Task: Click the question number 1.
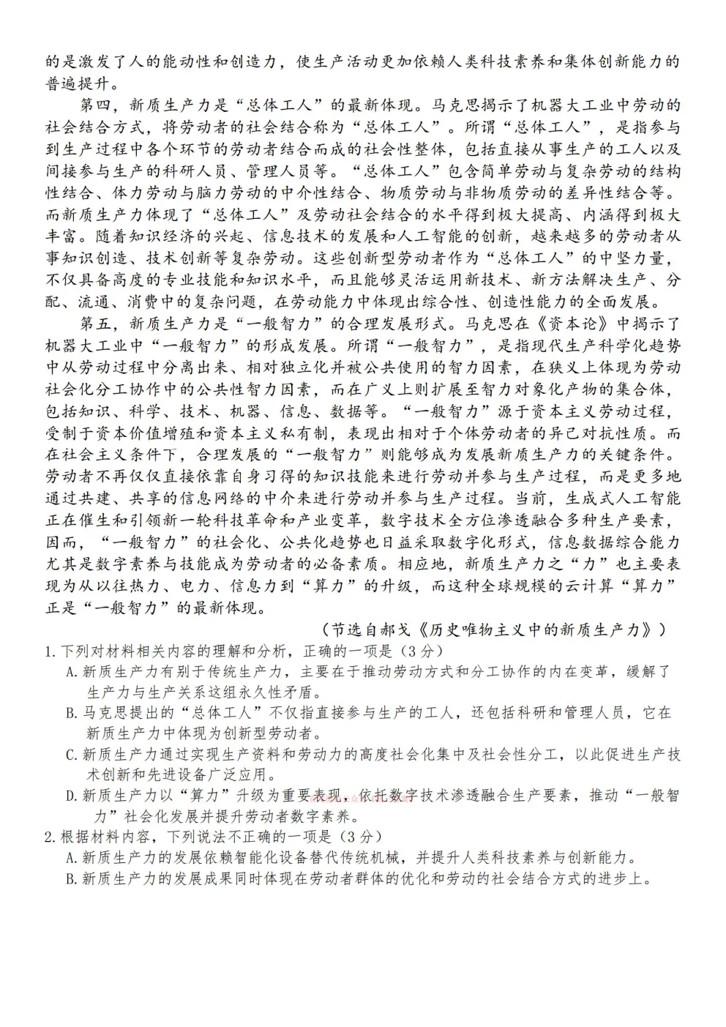(x=48, y=651)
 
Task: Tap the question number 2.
(x=48, y=837)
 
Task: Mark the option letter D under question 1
(x=71, y=796)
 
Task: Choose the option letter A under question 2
(x=71, y=858)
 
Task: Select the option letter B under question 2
(x=71, y=879)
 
